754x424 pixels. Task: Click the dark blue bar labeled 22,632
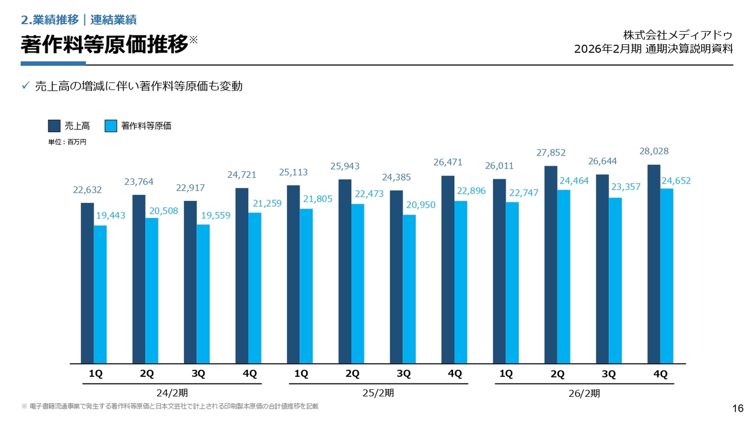click(x=87, y=283)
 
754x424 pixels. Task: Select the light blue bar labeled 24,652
click(x=667, y=276)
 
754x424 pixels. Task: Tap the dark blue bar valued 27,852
click(x=551, y=264)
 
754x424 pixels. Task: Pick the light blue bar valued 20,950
click(x=409, y=289)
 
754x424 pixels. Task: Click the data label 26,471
click(x=448, y=162)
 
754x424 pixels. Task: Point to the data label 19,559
click(x=216, y=216)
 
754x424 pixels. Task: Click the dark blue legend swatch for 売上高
click(x=54, y=125)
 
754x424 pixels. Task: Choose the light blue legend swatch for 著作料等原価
click(x=111, y=125)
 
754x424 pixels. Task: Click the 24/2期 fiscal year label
click(x=173, y=392)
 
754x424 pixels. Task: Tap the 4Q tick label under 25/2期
click(x=455, y=374)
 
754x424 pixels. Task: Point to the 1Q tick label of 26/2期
click(x=506, y=374)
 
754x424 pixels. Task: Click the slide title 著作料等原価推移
click(x=104, y=45)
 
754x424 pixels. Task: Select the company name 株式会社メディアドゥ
click(x=678, y=35)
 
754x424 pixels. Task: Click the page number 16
click(x=738, y=409)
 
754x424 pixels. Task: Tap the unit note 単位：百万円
click(x=67, y=142)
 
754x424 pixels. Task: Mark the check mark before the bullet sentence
click(x=25, y=86)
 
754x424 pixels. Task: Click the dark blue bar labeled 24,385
click(x=396, y=277)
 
